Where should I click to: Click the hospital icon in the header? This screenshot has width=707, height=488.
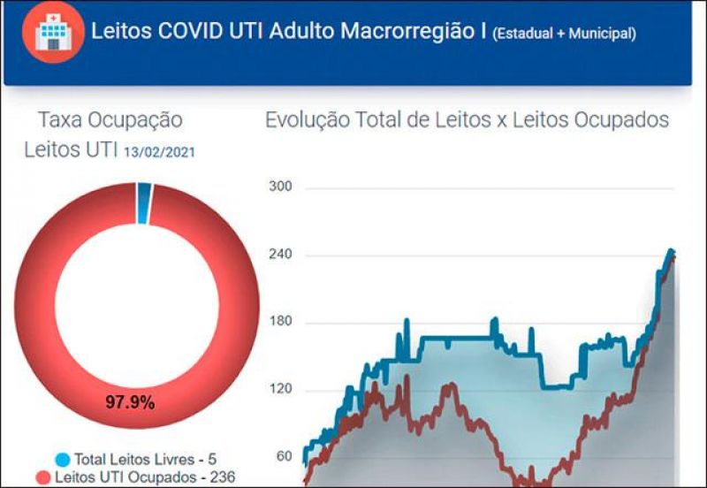coord(53,33)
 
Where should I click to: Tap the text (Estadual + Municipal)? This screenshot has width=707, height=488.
coord(564,34)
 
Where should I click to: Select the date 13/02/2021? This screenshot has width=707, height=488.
coord(159,152)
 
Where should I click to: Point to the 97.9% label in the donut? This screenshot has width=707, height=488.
coord(131,402)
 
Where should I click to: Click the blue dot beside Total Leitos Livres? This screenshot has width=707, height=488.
coord(62,460)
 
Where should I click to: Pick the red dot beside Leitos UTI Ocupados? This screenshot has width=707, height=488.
coord(43,478)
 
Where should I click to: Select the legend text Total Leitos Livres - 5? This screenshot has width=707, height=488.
coord(145,460)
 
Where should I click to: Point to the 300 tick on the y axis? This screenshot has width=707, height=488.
coord(280,187)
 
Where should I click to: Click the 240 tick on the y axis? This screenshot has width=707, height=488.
coord(280,255)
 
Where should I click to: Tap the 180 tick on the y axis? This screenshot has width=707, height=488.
coord(280,322)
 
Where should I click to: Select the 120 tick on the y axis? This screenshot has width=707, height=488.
coord(280,390)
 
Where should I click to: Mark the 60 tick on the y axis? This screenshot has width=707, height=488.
coord(283,457)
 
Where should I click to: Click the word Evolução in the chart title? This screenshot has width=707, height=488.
coord(306,120)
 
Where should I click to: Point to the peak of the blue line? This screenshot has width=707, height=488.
coord(670,251)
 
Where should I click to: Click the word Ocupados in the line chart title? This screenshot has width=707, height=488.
coord(624,120)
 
